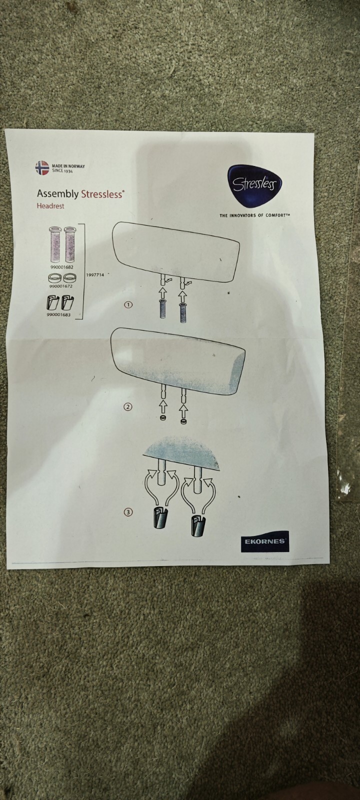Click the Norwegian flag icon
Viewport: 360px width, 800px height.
[42, 168]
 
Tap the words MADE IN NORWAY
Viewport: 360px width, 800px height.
[68, 166]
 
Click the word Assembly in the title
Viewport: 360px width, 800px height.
[57, 194]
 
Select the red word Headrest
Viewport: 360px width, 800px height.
[50, 206]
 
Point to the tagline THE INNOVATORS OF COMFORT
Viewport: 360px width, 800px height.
[254, 215]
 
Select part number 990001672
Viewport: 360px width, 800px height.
[60, 286]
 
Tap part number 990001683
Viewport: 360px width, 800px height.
[58, 315]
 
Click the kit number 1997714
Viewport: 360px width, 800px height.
[95, 275]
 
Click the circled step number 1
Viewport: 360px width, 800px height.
[128, 304]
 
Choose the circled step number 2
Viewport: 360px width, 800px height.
[128, 406]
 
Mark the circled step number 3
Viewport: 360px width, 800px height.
[128, 512]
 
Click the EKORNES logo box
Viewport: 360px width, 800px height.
[265, 541]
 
